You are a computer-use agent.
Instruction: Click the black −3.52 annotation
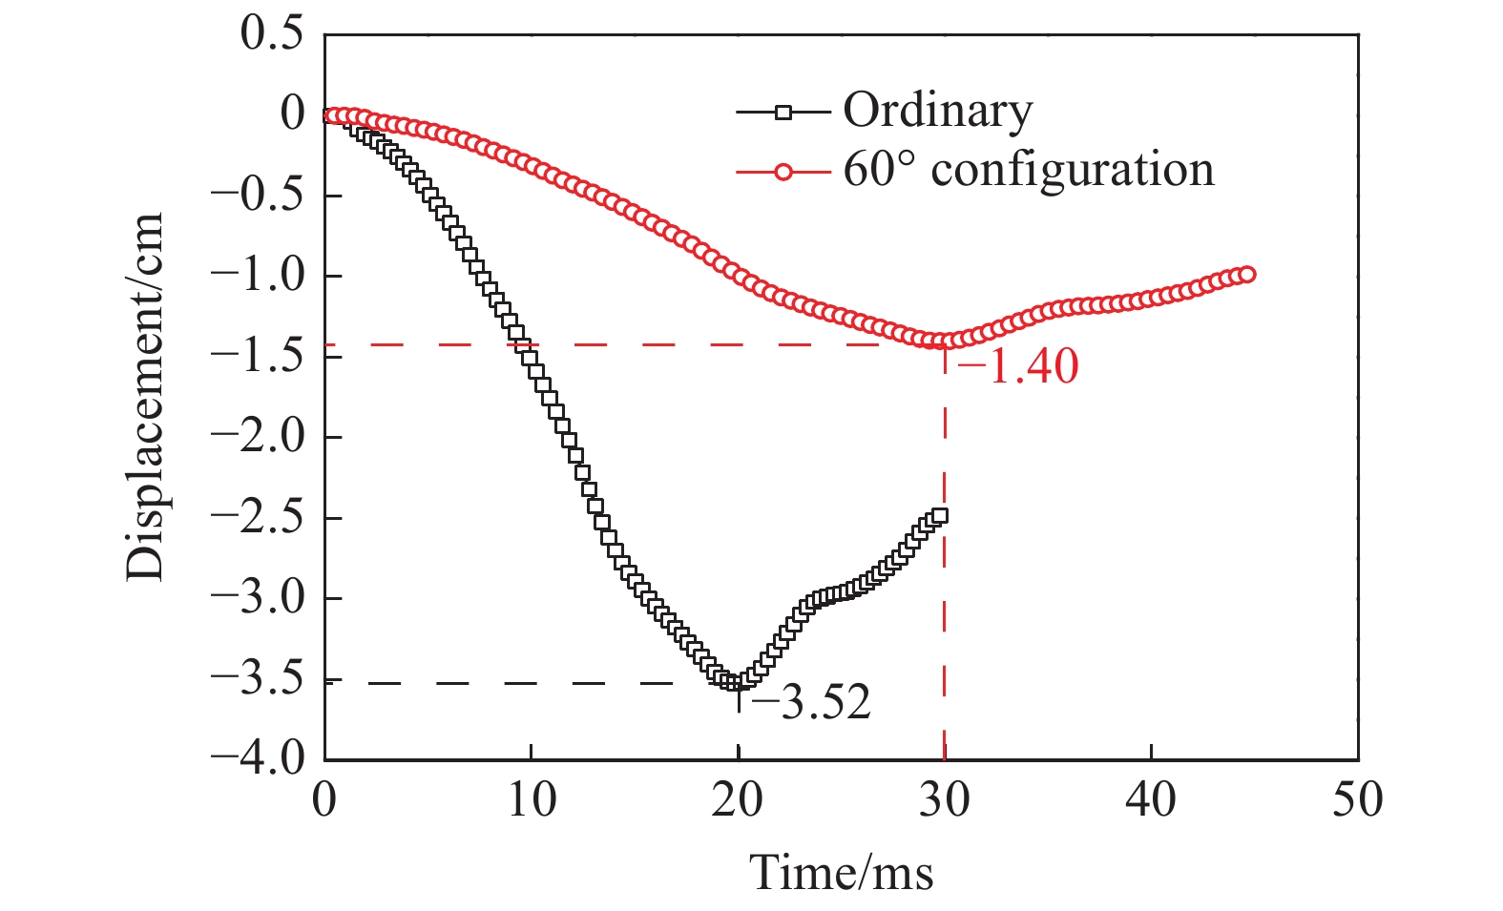[x=811, y=704]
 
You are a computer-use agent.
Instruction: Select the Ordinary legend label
[x=937, y=112]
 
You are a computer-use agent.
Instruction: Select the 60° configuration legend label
[x=1028, y=171]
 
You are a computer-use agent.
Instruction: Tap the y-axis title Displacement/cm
[x=145, y=396]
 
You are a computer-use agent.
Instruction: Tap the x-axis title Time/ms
[x=841, y=871]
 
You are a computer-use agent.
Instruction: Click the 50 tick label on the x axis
[x=1357, y=799]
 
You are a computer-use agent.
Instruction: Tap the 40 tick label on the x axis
[x=1151, y=799]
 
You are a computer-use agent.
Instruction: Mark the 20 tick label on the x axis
[x=738, y=799]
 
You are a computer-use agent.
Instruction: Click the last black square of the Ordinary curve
[x=940, y=516]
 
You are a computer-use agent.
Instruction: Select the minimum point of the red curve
[x=940, y=342]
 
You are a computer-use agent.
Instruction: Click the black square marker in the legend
[x=783, y=113]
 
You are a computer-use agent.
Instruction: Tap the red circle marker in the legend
[x=783, y=172]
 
